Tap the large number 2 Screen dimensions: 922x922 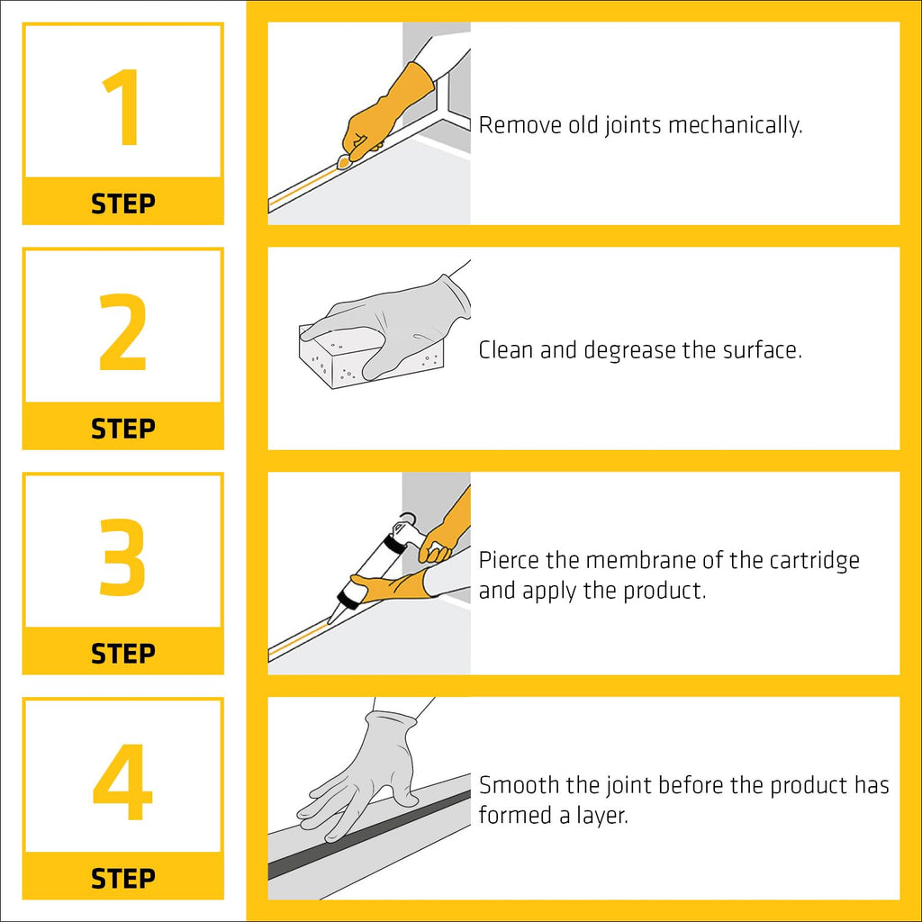(x=122, y=333)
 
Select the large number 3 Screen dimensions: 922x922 (x=122, y=558)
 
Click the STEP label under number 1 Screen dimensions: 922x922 (x=123, y=203)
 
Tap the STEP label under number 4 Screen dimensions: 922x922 (x=123, y=878)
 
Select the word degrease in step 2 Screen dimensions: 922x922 (x=628, y=350)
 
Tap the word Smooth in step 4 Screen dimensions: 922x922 (x=520, y=785)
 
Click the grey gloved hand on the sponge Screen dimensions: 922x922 (x=396, y=320)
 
